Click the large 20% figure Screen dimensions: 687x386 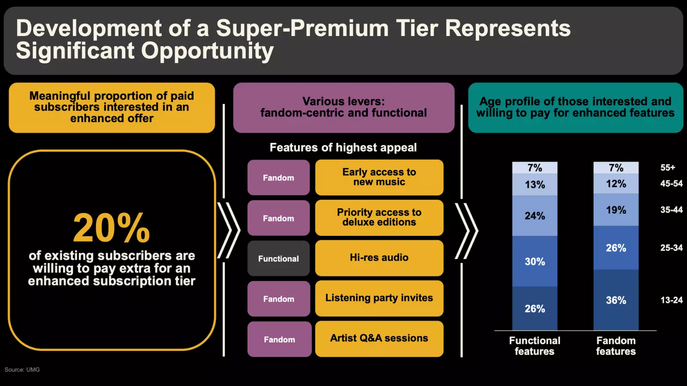111,228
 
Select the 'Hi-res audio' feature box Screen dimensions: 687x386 379,258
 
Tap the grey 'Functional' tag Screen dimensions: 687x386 279,258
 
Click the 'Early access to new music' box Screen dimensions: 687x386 379,178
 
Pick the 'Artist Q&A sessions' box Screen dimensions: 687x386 379,339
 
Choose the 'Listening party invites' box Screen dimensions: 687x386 379,299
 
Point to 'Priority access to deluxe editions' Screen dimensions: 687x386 379,218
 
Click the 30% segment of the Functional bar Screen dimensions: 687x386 535,261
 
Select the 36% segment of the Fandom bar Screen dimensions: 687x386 616,300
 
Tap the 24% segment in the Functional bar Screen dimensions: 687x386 535,216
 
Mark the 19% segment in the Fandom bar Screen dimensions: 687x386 616,210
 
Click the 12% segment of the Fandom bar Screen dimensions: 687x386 616,184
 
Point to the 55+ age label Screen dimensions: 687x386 668,168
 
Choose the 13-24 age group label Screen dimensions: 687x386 672,300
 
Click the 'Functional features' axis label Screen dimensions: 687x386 535,346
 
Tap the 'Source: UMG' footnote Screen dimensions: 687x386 22,370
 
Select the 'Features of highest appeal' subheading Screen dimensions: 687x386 343,148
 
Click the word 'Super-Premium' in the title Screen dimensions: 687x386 302,28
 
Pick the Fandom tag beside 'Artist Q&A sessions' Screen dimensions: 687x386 280,339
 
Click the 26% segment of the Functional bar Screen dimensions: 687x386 535,308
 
